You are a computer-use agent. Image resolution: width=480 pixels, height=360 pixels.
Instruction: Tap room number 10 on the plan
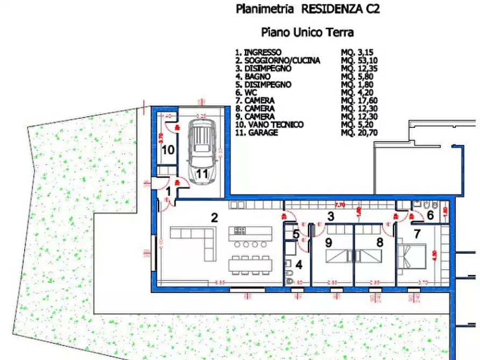[168, 149]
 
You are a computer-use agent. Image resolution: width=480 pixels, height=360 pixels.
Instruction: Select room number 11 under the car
[202, 174]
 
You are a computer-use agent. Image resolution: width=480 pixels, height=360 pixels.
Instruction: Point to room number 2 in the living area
[214, 218]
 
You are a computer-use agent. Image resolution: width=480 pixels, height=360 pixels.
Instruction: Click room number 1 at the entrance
[168, 190]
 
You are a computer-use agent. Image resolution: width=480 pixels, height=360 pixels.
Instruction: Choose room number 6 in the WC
[429, 214]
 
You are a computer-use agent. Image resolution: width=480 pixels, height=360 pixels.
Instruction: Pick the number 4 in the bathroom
[300, 264]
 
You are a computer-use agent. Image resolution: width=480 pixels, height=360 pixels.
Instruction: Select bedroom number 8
[380, 242]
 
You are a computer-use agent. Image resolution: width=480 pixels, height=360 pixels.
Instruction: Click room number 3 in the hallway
[331, 217]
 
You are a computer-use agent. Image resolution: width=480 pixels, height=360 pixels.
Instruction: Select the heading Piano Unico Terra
[307, 32]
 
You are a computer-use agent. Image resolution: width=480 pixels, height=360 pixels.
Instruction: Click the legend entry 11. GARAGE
[257, 132]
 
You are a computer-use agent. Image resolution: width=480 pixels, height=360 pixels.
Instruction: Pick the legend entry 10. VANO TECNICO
[269, 125]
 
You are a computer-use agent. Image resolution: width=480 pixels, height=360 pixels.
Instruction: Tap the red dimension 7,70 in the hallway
[340, 205]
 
